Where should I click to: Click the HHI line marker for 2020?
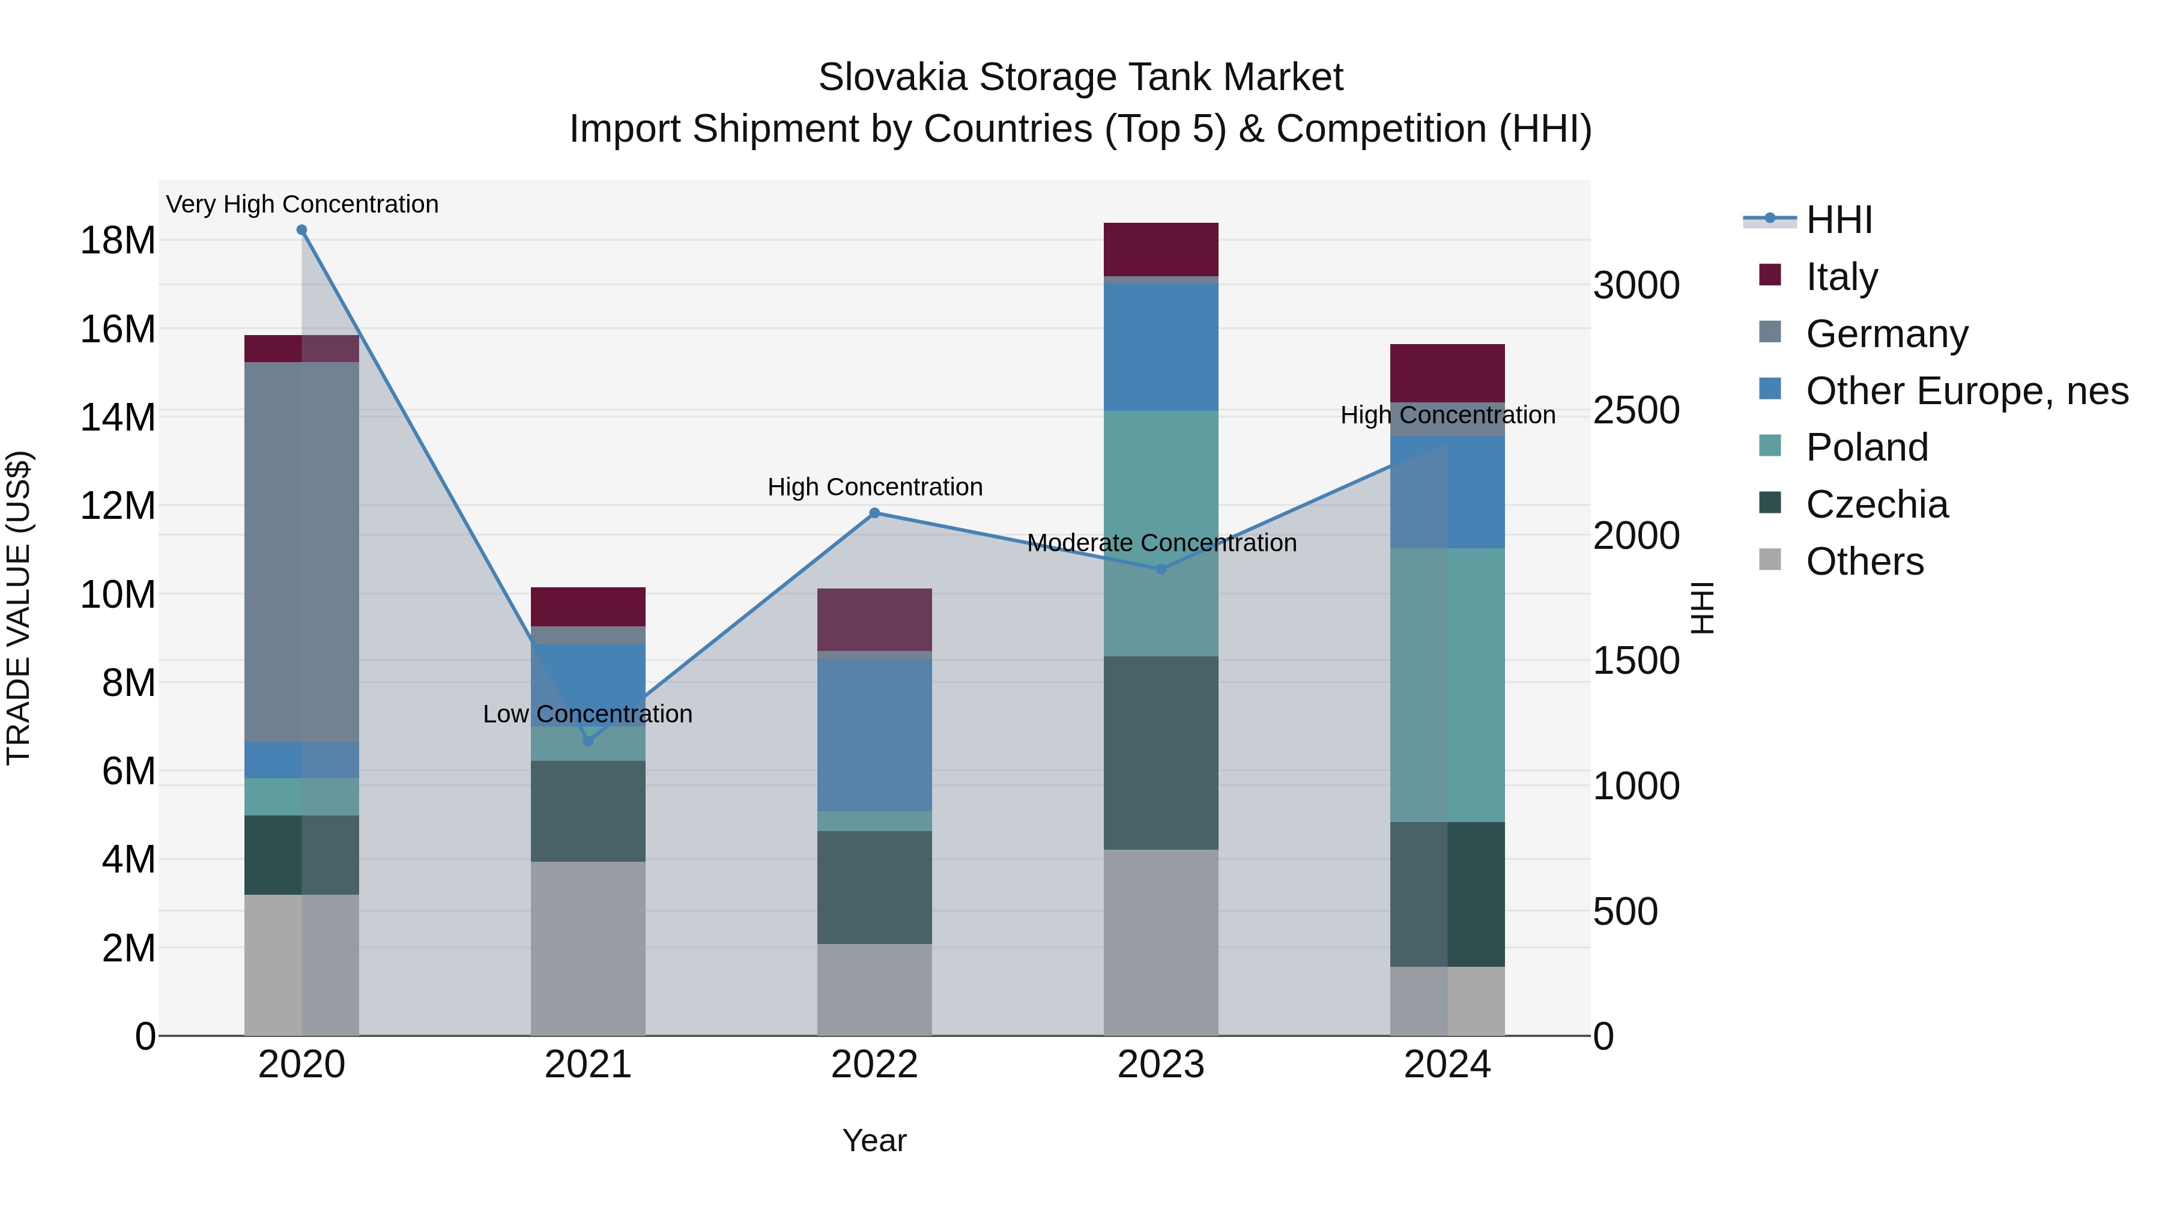[301, 230]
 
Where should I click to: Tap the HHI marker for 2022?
[874, 513]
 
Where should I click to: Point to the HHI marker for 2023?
[1161, 569]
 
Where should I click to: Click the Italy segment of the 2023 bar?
[1161, 249]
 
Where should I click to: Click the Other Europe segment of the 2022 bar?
[874, 734]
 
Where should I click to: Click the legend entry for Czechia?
[1877, 504]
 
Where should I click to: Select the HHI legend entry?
[1838, 220]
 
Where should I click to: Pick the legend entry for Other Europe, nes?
[1966, 391]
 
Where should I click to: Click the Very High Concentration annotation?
[302, 204]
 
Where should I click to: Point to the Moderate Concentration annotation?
[1161, 543]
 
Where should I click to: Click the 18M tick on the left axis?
[118, 241]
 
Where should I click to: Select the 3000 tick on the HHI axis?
[1636, 285]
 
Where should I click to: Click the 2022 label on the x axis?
[874, 1065]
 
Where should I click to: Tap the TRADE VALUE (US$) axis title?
[19, 608]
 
